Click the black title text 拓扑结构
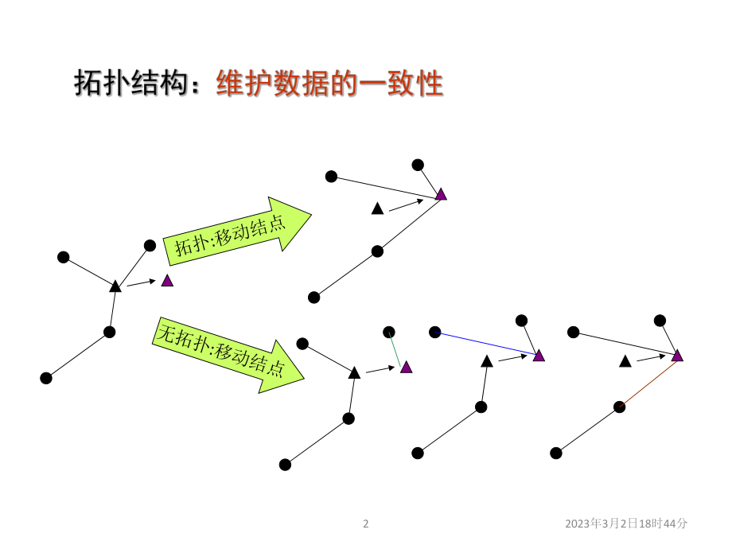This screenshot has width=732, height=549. pyautogui.click(x=134, y=83)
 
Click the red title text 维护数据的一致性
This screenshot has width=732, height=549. pyautogui.click(x=329, y=83)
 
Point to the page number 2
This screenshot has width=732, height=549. pyautogui.click(x=366, y=524)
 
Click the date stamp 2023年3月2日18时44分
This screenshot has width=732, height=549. pyautogui.click(x=626, y=524)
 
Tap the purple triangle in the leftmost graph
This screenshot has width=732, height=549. pyautogui.click(x=167, y=280)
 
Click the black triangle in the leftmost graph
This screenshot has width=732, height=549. pyautogui.click(x=115, y=286)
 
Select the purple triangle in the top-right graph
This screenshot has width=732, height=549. pyautogui.click(x=441, y=194)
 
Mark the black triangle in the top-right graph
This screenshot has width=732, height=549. pyautogui.click(x=378, y=208)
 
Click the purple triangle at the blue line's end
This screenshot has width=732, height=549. pyautogui.click(x=539, y=356)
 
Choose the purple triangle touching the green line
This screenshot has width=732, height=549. pyautogui.click(x=407, y=367)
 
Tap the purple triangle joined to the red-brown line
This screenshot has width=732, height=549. pyautogui.click(x=677, y=356)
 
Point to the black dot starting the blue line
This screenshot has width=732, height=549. pyautogui.click(x=434, y=331)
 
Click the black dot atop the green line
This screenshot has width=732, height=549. pyautogui.click(x=388, y=332)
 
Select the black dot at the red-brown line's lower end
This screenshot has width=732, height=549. pyautogui.click(x=619, y=407)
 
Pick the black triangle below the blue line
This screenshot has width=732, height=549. pyautogui.click(x=487, y=361)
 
